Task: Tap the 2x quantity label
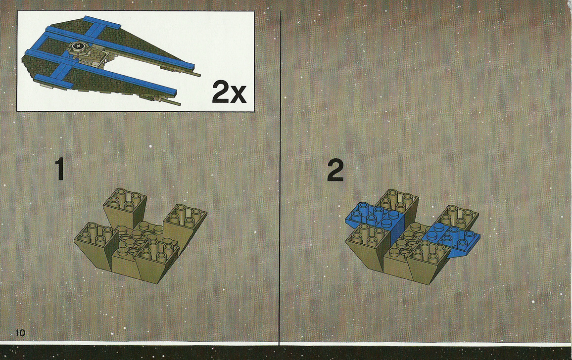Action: (x=229, y=92)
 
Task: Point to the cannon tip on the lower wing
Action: (x=177, y=104)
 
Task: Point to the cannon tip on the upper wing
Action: (x=198, y=75)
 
